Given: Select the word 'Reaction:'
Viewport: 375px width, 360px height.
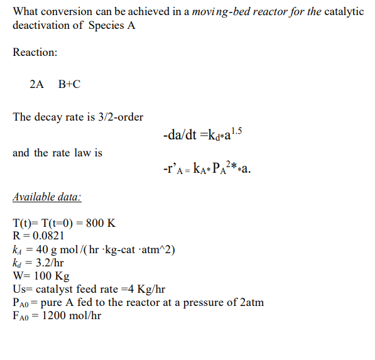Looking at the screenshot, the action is click(35, 53).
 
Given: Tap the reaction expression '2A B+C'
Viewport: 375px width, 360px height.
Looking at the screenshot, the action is click(55, 84).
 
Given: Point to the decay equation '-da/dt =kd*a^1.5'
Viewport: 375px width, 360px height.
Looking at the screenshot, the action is click(201, 133).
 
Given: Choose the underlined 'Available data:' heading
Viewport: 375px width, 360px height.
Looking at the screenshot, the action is click(46, 197).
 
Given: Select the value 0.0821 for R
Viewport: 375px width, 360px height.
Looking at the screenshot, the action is click(49, 236).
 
